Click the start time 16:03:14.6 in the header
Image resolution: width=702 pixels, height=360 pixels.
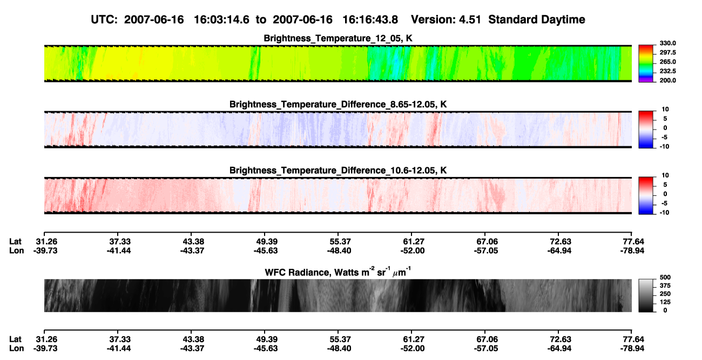[221, 19]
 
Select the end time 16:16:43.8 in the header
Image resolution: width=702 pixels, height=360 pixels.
[370, 19]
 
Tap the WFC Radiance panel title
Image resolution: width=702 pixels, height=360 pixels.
[337, 272]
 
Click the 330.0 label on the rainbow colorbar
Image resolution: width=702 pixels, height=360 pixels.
[667, 43]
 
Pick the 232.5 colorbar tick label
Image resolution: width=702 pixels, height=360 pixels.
[667, 71]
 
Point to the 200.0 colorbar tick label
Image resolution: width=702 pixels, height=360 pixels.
[667, 80]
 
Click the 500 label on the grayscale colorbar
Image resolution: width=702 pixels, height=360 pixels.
[665, 277]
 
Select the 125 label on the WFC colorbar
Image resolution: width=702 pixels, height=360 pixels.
[665, 302]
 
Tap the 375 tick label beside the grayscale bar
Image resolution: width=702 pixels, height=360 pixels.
[665, 286]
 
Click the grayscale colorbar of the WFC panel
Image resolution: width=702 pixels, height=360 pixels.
[646, 295]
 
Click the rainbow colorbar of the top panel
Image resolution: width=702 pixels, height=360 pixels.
[646, 64]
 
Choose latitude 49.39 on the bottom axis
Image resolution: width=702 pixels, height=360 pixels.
[267, 339]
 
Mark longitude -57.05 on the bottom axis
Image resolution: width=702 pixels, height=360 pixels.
[486, 349]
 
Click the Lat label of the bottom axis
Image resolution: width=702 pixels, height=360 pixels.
[15, 339]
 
